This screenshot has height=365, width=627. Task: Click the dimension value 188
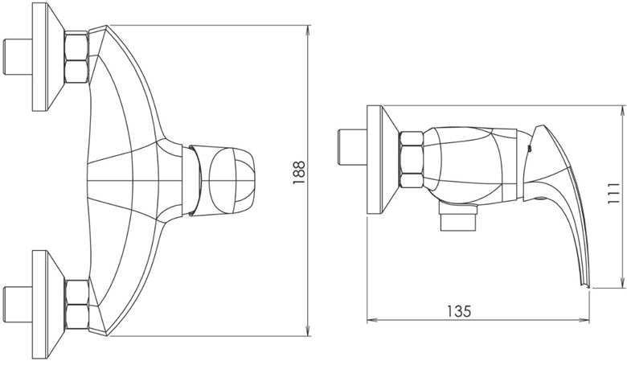[299, 172]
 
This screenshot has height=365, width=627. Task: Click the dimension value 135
[459, 310]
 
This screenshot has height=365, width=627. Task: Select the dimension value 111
[613, 194]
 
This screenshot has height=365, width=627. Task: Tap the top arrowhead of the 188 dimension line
[309, 31]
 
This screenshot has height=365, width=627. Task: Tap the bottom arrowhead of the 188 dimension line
[309, 330]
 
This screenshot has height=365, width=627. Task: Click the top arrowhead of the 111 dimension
[623, 111]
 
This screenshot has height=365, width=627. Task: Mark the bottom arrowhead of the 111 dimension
[623, 282]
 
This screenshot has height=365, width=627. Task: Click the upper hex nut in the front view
[76, 57]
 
